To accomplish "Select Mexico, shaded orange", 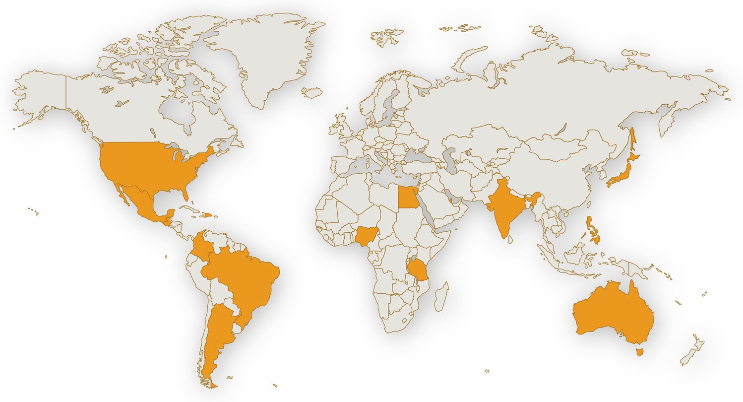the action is click(x=141, y=203).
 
